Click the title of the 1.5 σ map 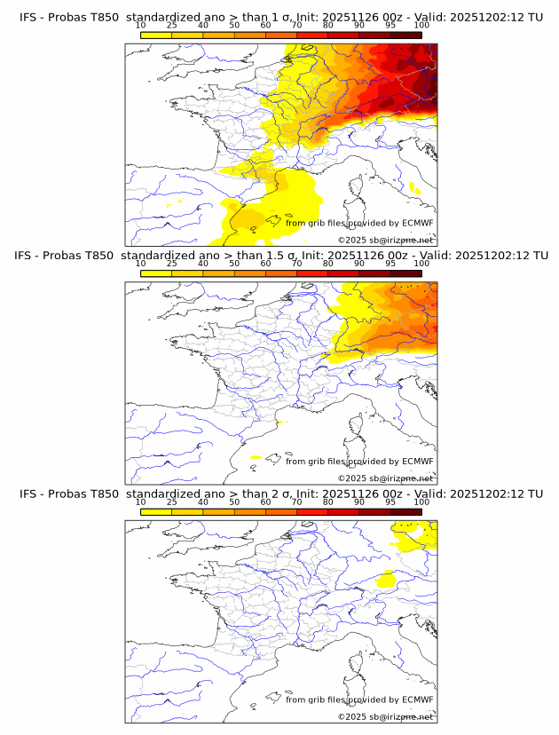point(280,256)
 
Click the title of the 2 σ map point(280,494)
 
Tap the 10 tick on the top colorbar point(141,25)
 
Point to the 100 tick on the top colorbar point(421,25)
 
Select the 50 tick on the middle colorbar point(234,264)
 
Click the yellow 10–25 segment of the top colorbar point(156,36)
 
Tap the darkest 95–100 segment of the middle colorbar point(405,273)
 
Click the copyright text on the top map point(385,241)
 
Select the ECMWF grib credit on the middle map point(358,462)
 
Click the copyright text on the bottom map point(385,716)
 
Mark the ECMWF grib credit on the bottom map point(358,699)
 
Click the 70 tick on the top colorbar point(297,25)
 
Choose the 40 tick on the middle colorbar point(203,264)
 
